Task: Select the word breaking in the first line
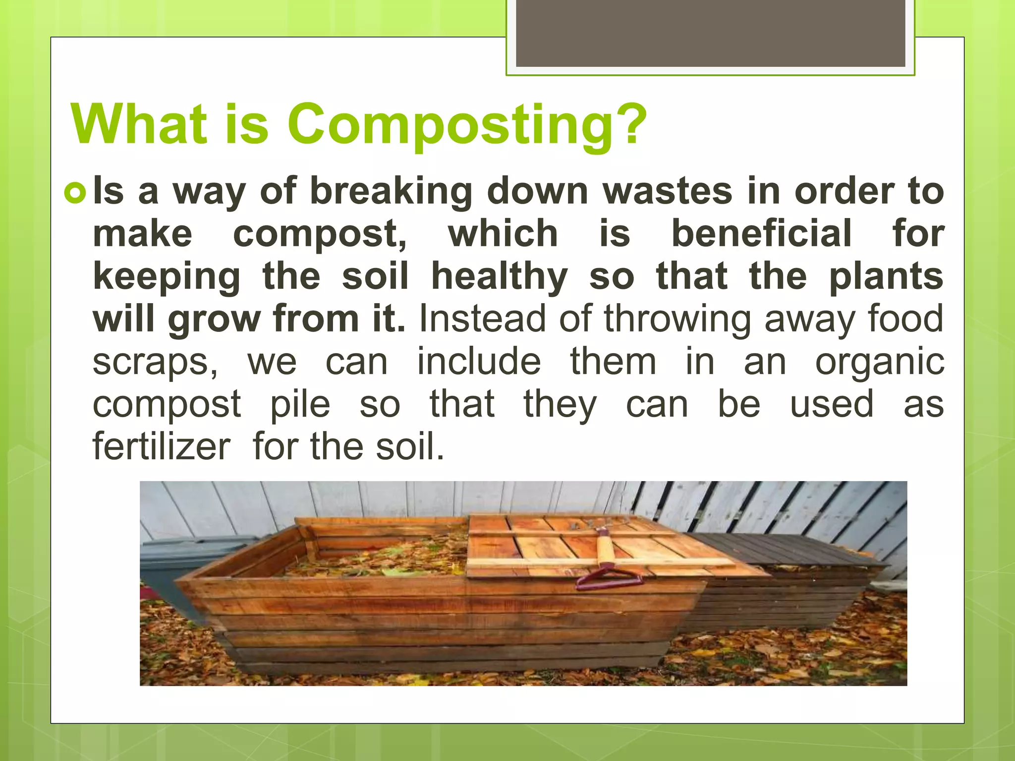391,192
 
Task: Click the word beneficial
762,234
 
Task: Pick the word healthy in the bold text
500,276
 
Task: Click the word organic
880,362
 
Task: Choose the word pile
300,404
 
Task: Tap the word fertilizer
162,446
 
